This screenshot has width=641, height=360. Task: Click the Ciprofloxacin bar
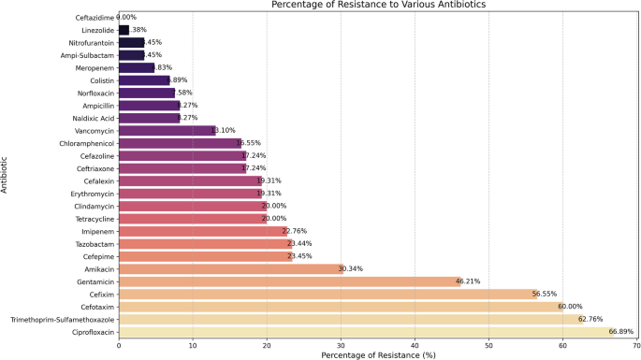[x=365, y=331]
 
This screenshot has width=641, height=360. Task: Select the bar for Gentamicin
[x=289, y=281]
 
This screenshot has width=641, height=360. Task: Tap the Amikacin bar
[x=230, y=268]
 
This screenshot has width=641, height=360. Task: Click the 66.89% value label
[x=622, y=331]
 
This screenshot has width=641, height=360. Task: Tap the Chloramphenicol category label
[x=85, y=143]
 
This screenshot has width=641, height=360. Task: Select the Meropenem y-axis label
[x=93, y=67]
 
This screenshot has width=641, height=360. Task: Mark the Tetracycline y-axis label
[x=91, y=218]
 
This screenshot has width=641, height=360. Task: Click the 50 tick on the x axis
[x=488, y=344]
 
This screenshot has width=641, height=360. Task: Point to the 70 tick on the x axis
[x=636, y=344]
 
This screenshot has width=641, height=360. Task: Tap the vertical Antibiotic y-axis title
[x=6, y=175]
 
